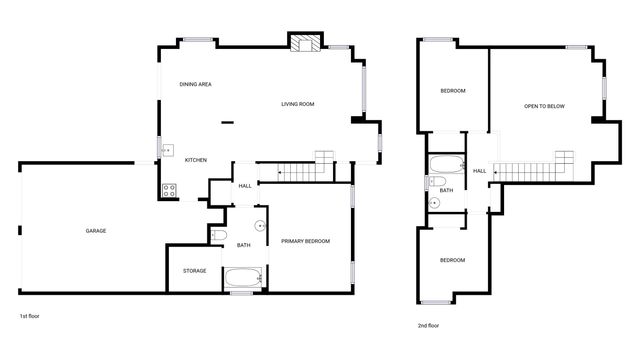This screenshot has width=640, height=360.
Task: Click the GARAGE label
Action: point(96,231)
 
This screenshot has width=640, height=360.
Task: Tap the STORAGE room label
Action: point(195,271)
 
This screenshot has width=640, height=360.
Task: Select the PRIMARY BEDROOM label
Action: point(305,241)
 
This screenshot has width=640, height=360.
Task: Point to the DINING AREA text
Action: point(195,84)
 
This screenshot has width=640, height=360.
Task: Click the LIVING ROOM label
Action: point(298,104)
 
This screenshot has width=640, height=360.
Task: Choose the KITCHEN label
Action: point(196,160)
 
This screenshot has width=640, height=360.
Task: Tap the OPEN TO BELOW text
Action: point(545,106)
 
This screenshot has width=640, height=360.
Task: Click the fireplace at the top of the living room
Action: point(305,42)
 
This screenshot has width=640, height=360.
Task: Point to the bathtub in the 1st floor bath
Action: point(243,277)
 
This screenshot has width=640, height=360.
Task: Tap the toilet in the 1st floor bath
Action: point(220,235)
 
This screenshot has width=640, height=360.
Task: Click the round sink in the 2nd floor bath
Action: point(435,203)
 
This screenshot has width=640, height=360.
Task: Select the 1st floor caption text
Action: point(30,315)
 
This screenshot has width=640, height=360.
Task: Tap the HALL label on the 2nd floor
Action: point(480,171)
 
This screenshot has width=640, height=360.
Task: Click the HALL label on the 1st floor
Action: point(245,186)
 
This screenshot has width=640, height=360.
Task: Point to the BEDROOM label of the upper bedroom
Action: point(453,91)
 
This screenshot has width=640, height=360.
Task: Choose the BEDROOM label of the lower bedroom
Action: point(453,260)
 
